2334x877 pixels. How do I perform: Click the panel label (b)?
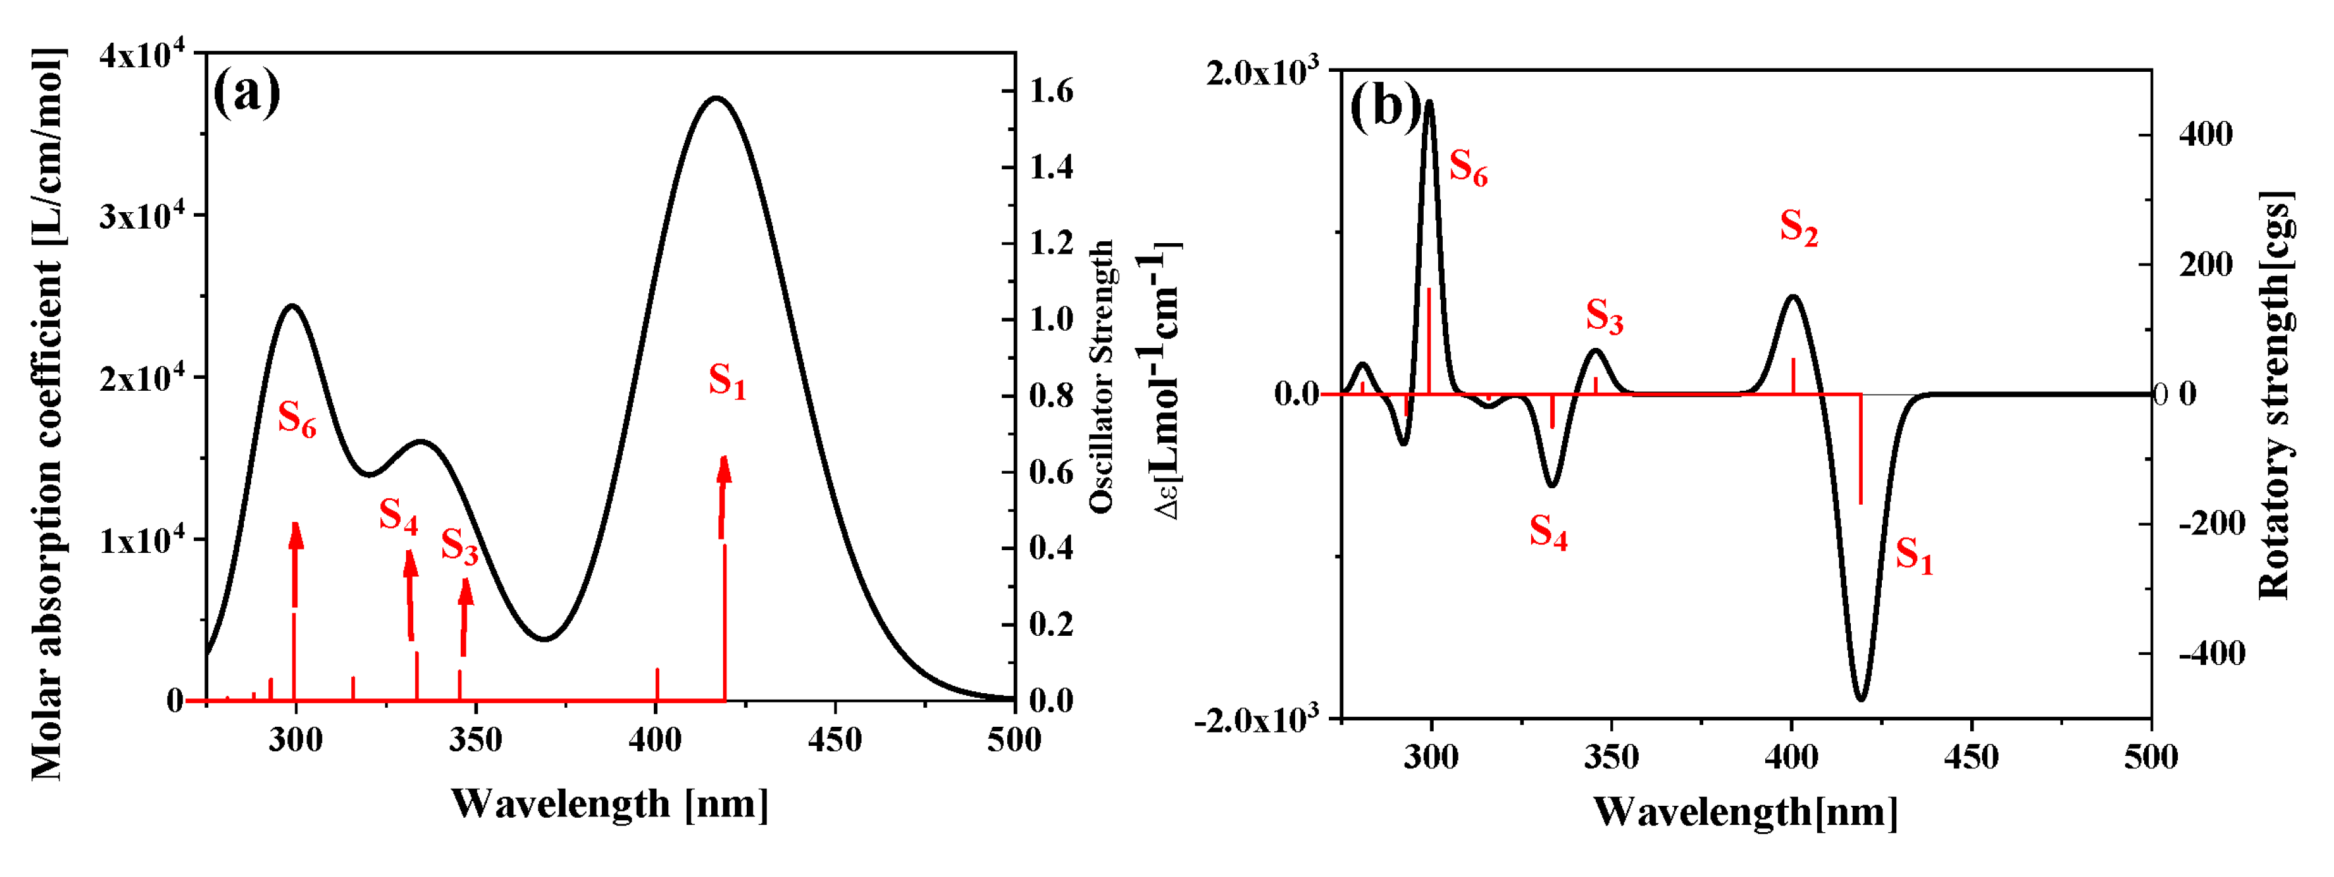point(1383,108)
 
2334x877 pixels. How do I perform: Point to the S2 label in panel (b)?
point(1799,227)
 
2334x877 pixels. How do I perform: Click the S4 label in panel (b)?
point(1548,532)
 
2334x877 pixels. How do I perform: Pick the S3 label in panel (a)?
point(459,546)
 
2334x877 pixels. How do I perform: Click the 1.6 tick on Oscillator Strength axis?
point(1051,92)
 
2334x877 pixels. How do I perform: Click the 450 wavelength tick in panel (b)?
point(1971,756)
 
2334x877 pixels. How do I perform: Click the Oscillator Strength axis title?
point(1100,376)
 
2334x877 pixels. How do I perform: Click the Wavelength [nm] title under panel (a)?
point(610,804)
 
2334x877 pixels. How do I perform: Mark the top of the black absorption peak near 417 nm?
point(716,98)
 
